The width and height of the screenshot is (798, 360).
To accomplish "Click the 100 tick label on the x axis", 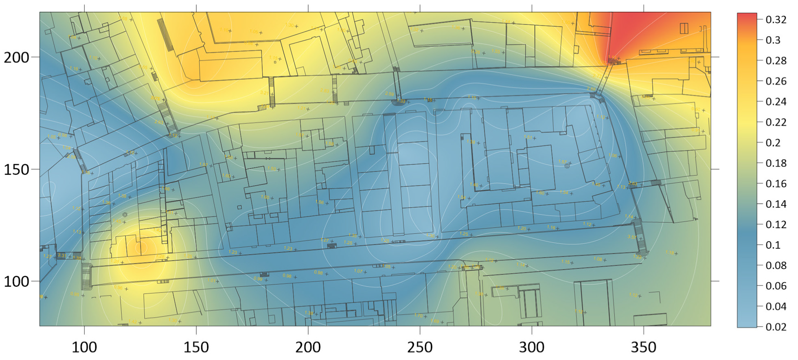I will tap(84, 347).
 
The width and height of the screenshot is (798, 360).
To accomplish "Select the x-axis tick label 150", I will tap(196, 347).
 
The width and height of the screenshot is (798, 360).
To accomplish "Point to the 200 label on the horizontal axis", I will tap(308, 347).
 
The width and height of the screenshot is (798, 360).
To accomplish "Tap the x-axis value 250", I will tap(420, 347).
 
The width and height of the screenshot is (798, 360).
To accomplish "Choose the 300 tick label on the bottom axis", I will tap(532, 347).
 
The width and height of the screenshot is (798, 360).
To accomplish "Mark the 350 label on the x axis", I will tap(644, 347).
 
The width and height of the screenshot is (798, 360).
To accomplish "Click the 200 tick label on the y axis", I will tap(17, 57).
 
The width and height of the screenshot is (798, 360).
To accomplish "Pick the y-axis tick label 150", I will tap(17, 169).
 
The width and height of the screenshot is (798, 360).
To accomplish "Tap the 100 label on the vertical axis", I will tap(17, 281).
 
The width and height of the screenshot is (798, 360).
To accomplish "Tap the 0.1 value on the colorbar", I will tap(773, 245).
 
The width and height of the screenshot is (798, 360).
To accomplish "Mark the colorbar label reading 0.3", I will tap(773, 40).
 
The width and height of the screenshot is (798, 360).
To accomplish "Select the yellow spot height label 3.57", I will tap(631, 237).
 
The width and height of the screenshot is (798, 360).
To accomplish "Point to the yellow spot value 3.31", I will tap(61, 255).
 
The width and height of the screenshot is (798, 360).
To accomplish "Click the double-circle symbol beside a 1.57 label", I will tap(567, 166).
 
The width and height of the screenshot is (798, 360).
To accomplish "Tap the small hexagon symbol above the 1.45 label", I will tap(125, 215).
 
